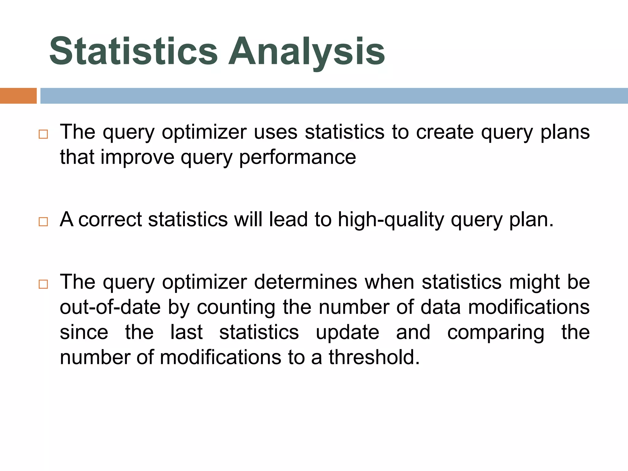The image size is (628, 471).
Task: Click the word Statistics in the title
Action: point(133,51)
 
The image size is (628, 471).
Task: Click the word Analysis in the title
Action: point(307,51)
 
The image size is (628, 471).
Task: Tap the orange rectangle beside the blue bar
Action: point(18,96)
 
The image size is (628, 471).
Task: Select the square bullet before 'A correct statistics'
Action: point(43,222)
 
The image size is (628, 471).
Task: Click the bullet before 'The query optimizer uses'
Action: point(43,134)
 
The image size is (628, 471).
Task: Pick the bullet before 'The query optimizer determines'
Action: point(43,284)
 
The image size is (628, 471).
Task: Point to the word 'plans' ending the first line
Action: point(565,132)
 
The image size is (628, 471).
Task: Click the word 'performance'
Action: point(297,158)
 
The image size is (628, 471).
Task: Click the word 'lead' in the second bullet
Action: point(288,220)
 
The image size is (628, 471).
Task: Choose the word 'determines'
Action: point(306,282)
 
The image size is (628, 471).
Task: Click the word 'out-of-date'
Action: point(110,307)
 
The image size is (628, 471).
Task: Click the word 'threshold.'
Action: point(374,358)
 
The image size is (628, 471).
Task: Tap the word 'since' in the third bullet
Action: point(84,332)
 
